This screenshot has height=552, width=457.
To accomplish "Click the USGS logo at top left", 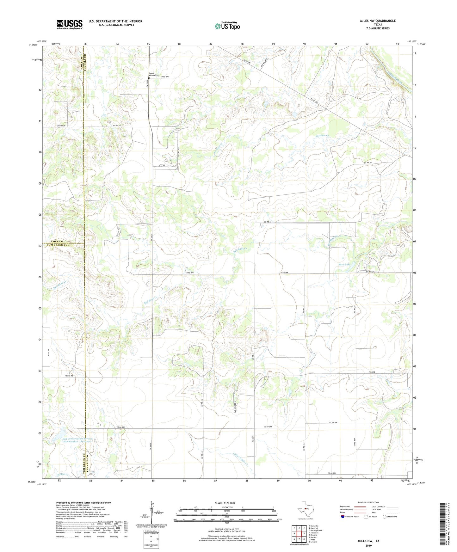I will [70, 24].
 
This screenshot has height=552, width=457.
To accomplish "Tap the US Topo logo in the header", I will [227, 26].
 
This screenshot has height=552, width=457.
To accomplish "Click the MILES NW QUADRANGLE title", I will [377, 21].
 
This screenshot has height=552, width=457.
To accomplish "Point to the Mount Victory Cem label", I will [154, 75].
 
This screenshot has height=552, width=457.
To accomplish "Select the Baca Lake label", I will [344, 264].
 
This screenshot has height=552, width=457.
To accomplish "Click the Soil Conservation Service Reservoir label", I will [77, 440].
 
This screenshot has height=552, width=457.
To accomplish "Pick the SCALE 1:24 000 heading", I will [225, 503].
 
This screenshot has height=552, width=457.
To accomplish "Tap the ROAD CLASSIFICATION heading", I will [368, 502].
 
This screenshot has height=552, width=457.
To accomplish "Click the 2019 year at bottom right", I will [368, 545].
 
